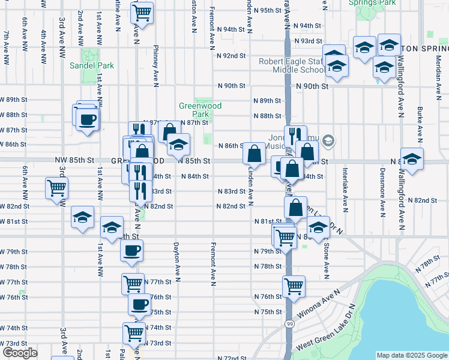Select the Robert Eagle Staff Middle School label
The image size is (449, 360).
click(292, 65)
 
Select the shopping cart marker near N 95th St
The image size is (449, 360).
click(142, 12)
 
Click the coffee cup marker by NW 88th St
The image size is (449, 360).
click(88, 118)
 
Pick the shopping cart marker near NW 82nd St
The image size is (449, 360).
click(56, 188)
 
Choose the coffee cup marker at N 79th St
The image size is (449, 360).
click(132, 250)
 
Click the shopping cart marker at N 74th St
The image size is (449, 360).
click(134, 332)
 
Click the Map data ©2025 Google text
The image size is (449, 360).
click(412, 355)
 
